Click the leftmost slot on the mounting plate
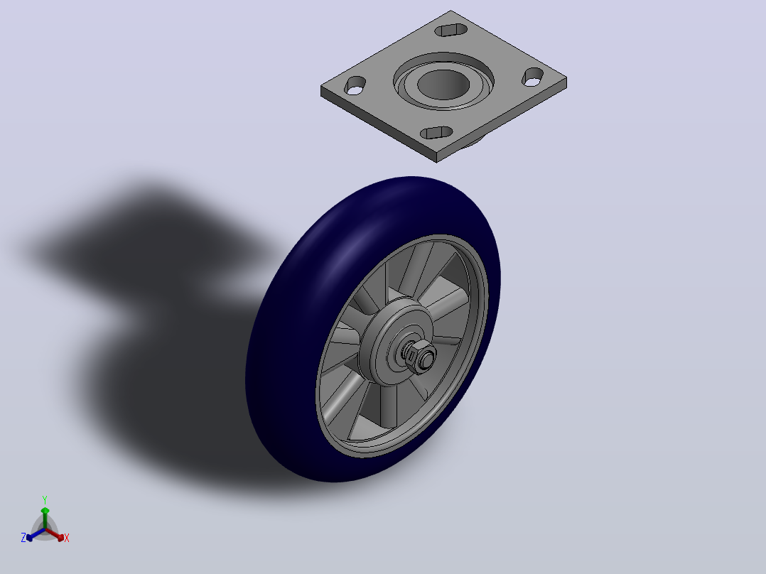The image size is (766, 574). click(x=355, y=85)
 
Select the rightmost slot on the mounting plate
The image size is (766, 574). click(x=532, y=77)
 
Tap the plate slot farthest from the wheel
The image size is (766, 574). click(x=451, y=30)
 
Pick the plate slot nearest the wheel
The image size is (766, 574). click(x=436, y=132)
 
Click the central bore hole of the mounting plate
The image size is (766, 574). click(x=443, y=85)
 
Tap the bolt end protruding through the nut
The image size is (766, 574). click(x=427, y=359)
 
